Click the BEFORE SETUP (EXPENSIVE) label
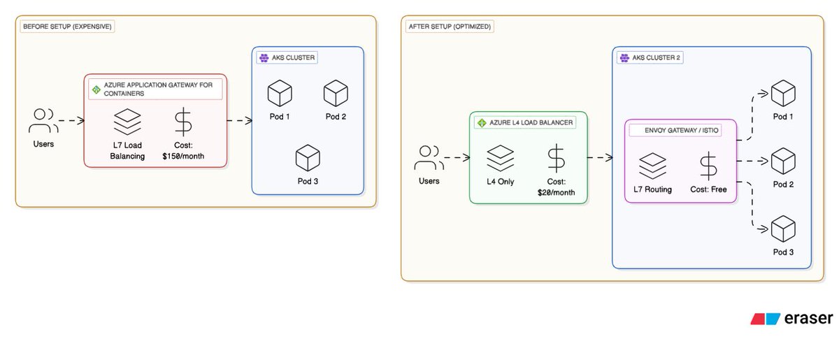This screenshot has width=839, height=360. [68, 27]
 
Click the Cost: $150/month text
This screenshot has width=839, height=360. [184, 150]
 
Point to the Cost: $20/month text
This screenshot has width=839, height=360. [556, 187]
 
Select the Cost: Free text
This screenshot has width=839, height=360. [708, 189]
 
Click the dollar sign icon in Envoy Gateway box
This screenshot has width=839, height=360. [708, 166]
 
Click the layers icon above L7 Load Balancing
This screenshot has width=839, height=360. [127, 122]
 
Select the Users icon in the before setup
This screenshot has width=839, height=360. [43, 122]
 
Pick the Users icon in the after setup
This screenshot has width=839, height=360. [429, 158]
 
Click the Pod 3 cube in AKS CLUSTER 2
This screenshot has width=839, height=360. [783, 230]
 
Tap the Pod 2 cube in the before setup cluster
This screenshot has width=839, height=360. [336, 94]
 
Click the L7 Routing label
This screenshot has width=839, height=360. [652, 189]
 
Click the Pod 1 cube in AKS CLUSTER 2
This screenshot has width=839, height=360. [783, 94]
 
